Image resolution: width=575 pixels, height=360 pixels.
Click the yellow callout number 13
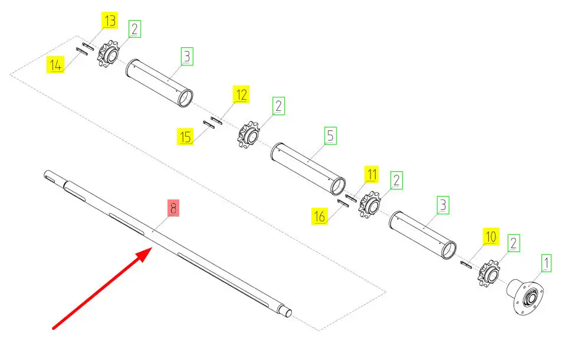pos(110,21)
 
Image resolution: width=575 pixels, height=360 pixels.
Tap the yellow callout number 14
pos(55,64)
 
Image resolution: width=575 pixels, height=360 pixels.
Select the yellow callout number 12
pos(241,94)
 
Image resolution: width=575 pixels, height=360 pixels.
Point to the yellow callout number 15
pos(185,136)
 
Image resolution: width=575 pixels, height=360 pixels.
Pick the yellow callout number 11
pos(372,174)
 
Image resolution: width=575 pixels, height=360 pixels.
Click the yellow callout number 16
pos(320,216)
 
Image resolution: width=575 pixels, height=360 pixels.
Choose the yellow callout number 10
pos(491,236)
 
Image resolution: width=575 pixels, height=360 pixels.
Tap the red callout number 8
pos(173,208)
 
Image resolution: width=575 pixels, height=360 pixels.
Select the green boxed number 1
pos(546,263)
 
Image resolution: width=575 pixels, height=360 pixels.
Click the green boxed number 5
pos(330,135)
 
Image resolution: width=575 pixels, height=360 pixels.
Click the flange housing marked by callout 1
pos(525,296)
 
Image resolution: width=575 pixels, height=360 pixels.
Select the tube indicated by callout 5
pos(308,168)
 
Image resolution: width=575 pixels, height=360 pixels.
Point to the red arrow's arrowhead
pos(146,254)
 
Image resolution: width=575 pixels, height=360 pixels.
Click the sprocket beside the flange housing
pos(489,273)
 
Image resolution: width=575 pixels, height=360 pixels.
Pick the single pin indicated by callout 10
pos(466,264)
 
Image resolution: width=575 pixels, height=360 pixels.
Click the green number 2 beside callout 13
pos(134,29)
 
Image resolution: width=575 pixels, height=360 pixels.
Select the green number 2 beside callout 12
pos(278,106)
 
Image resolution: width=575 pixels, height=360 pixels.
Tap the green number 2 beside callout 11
pos(396,180)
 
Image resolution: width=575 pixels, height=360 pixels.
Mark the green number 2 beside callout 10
pos(514,243)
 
